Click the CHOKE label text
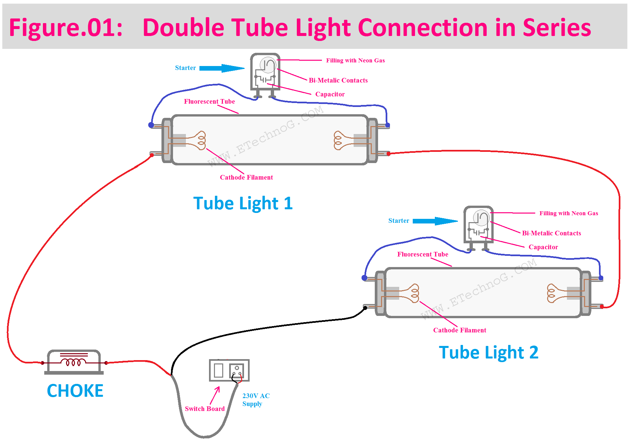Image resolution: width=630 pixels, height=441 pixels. pos(75,391)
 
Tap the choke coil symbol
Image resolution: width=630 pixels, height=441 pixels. pos(74,362)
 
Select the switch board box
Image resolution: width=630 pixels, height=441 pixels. pos(229,370)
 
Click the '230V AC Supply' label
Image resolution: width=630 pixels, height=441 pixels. pos(256,400)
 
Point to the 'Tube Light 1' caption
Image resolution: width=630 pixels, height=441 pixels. pos(243,203)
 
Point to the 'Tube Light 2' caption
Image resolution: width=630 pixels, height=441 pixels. pos(489,352)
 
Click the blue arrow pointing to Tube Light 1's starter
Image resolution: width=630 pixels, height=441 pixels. pos(222,68)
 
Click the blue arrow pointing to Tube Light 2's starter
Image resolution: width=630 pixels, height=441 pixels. pos(435,221)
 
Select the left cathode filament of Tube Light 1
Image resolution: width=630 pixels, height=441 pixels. pos(199,141)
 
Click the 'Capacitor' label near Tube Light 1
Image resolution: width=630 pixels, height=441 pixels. pos(330,94)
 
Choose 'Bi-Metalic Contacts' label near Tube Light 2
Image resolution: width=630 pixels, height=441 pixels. pos(551,233)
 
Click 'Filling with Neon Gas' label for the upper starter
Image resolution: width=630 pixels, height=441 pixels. pos(355,60)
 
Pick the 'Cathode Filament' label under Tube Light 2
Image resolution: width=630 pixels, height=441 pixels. pos(460,330)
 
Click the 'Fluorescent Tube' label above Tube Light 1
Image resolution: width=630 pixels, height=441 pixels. pos(209,101)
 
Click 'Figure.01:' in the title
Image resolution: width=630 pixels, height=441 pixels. pos(66,28)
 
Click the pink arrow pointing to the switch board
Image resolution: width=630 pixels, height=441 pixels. pos(215,395)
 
